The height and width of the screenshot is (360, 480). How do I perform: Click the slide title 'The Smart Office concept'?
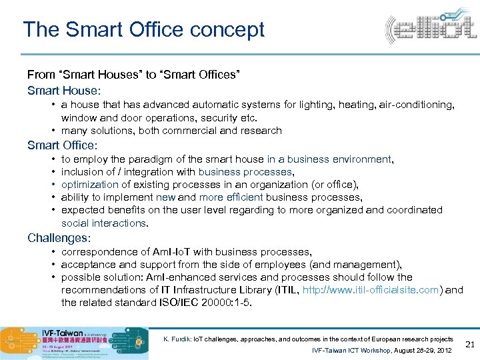pyautogui.click(x=143, y=29)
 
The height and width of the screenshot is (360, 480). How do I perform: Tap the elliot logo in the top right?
pyautogui.click(x=430, y=29)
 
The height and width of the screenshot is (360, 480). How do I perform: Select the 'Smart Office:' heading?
pyautogui.click(x=62, y=145)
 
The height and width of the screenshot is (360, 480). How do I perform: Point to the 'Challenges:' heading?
pyautogui.click(x=59, y=237)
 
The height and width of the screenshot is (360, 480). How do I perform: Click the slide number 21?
pyautogui.click(x=469, y=344)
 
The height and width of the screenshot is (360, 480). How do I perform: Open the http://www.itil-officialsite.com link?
pyautogui.click(x=371, y=290)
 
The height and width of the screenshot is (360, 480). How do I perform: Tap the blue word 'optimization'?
pyautogui.click(x=90, y=185)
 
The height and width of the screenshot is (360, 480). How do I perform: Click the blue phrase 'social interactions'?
pyautogui.click(x=103, y=223)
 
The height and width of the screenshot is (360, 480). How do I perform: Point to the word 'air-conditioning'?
pyautogui.click(x=413, y=105)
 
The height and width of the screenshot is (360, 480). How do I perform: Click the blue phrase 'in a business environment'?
pyautogui.click(x=329, y=159)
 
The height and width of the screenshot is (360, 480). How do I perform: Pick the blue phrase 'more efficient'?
pyautogui.click(x=231, y=197)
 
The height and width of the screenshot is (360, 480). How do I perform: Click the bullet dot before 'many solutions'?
pyautogui.click(x=52, y=131)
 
